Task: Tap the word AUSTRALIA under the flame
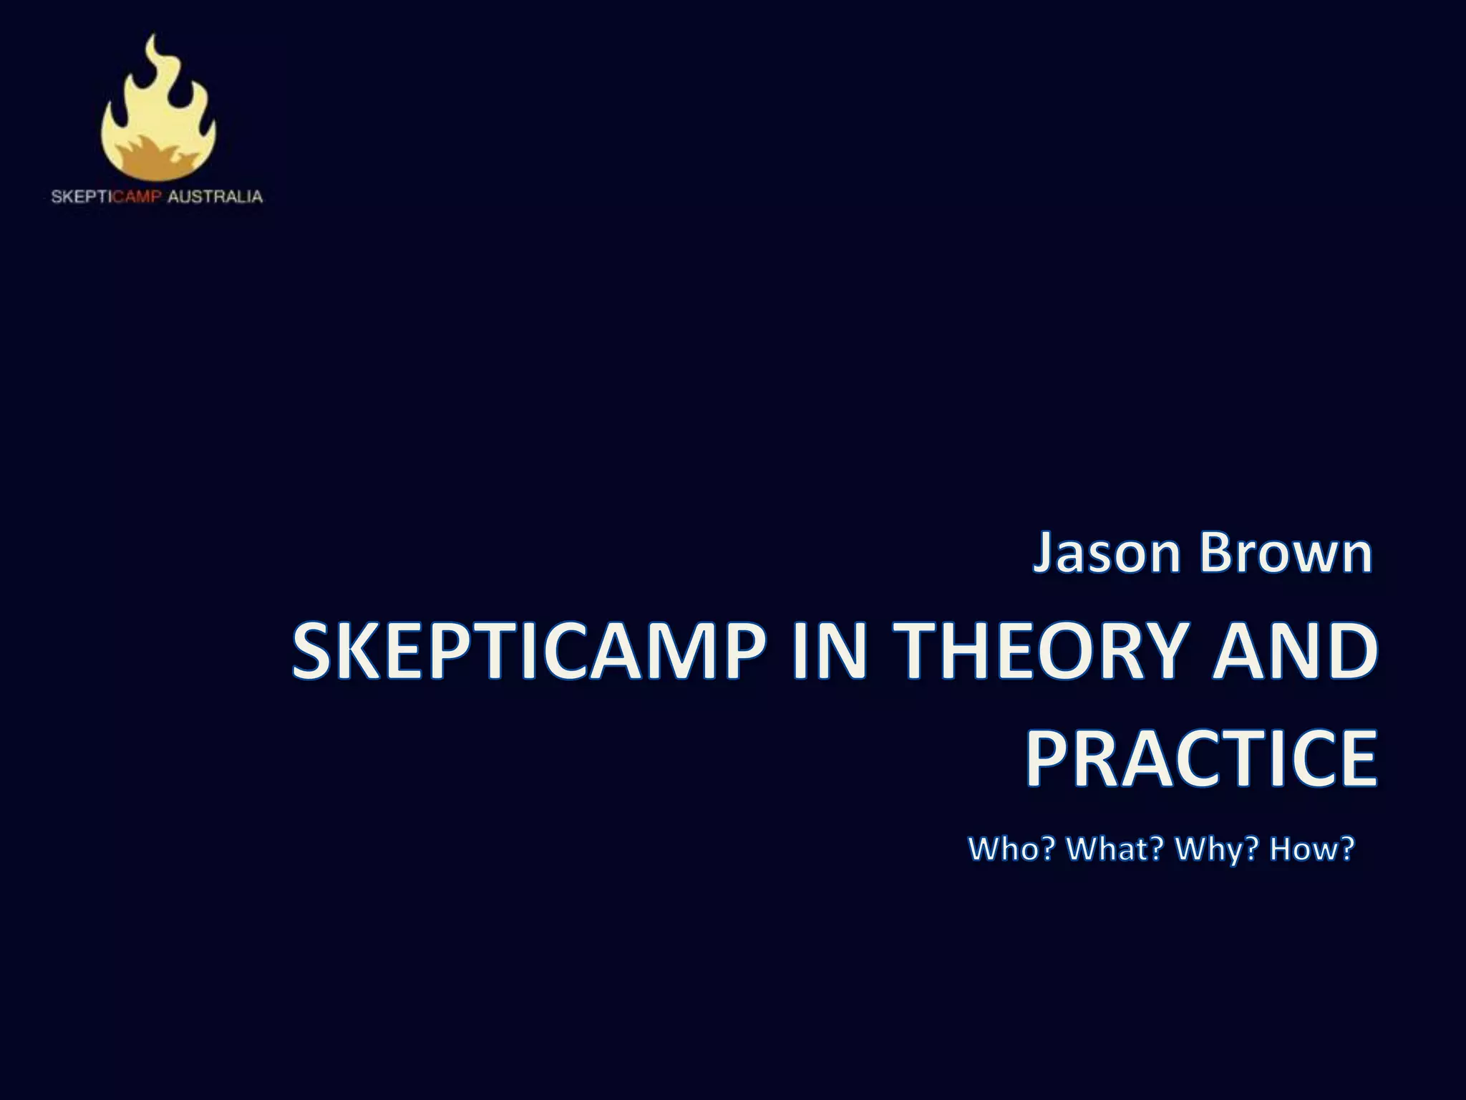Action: tap(215, 196)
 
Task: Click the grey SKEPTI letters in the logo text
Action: tap(82, 196)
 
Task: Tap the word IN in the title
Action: tap(831, 651)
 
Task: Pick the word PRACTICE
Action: tap(1201, 758)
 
